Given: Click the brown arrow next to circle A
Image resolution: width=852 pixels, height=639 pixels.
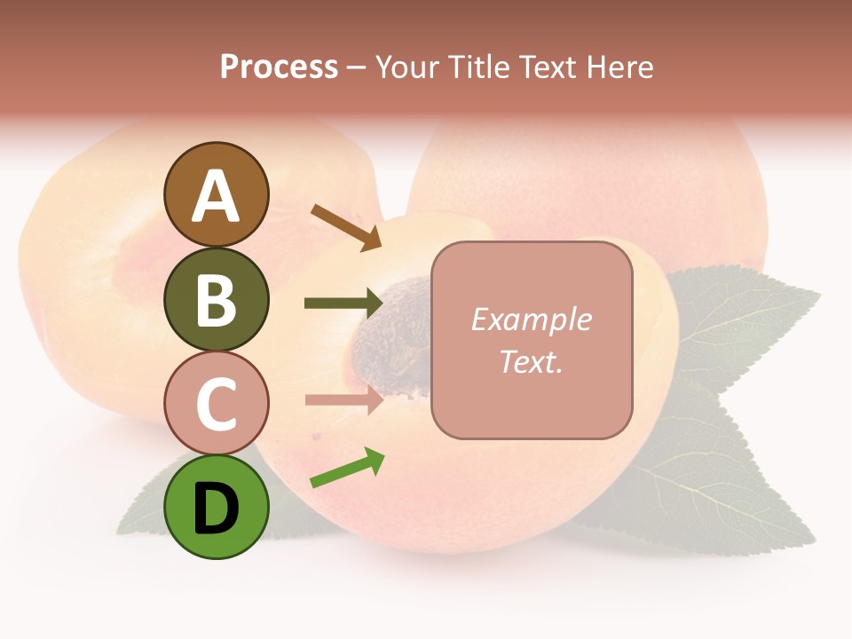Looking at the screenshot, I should (345, 226).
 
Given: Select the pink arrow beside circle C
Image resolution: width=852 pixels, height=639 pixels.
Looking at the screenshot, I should (343, 399).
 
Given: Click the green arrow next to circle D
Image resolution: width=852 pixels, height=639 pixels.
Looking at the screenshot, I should (347, 469).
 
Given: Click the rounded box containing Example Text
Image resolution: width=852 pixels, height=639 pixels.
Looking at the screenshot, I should (532, 340).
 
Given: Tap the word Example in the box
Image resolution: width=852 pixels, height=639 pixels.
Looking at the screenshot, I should (532, 319).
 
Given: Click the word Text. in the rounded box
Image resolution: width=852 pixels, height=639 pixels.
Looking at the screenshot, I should (532, 361).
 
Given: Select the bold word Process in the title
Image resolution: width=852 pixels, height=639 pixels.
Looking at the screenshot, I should (279, 67).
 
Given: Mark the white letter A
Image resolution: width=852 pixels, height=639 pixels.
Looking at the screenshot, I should (216, 197).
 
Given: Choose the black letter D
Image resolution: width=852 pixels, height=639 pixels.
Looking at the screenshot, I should (216, 509).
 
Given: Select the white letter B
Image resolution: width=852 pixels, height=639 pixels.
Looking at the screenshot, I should (216, 300).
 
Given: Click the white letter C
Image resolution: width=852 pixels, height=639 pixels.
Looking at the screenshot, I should (216, 404).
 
